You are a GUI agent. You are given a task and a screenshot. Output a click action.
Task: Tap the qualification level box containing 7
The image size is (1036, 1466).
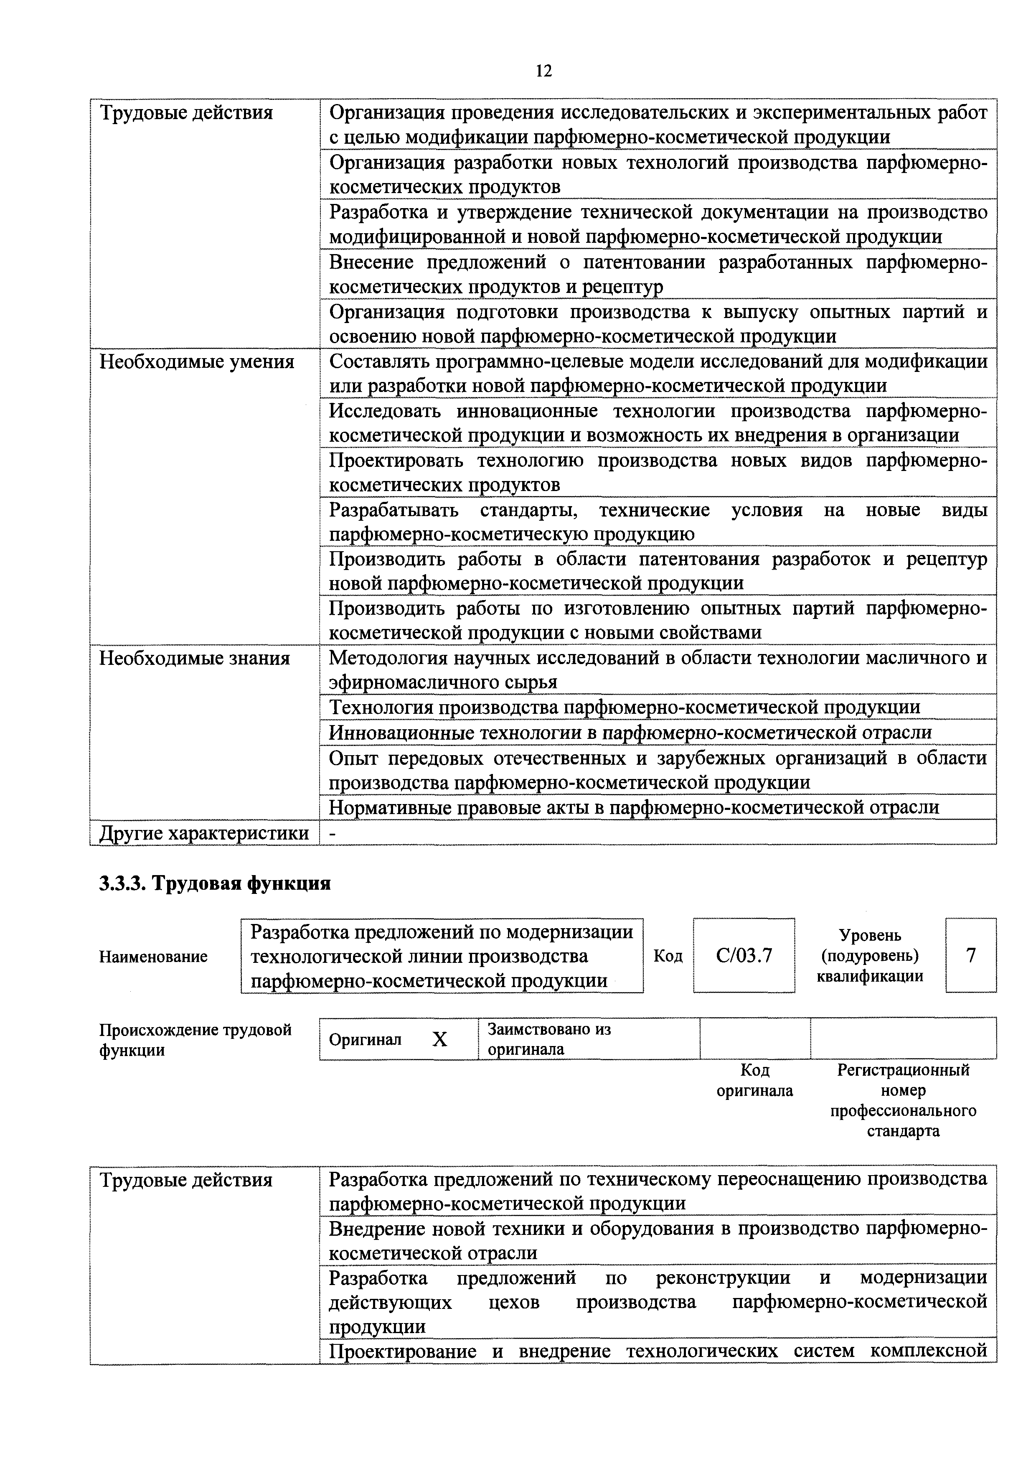pyautogui.click(x=970, y=955)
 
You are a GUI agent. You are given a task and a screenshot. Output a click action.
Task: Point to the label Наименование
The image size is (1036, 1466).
pyautogui.click(x=153, y=957)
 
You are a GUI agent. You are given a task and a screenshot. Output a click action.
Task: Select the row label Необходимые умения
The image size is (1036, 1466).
pyautogui.click(x=197, y=362)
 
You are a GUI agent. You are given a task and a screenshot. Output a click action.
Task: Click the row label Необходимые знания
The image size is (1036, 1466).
pyautogui.click(x=194, y=658)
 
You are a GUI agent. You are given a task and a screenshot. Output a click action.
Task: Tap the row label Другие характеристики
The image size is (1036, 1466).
pyautogui.click(x=204, y=832)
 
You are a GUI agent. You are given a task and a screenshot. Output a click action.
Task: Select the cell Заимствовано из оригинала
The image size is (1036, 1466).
pyautogui.click(x=549, y=1039)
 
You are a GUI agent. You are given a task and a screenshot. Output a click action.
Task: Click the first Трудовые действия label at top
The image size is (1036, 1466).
pyautogui.click(x=186, y=113)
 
